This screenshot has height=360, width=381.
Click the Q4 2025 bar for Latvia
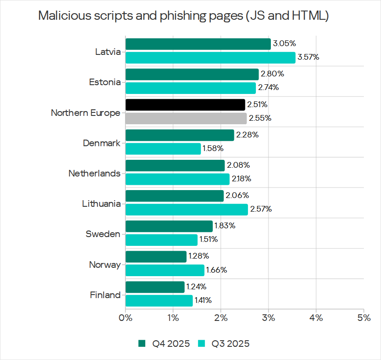pyautogui.click(x=198, y=44)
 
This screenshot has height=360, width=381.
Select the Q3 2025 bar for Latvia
pyautogui.click(x=210, y=58)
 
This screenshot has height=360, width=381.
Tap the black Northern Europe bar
pyautogui.click(x=185, y=104)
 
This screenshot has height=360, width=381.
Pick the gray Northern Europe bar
pyautogui.click(x=186, y=118)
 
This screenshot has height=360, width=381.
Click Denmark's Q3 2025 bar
pyautogui.click(x=163, y=148)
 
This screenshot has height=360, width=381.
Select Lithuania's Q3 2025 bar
pyautogui.click(x=187, y=209)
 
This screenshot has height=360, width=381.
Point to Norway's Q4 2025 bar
pyautogui.click(x=156, y=256)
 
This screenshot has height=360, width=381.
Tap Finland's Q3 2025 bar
pyautogui.click(x=159, y=300)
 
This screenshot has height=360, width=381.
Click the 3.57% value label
pyautogui.click(x=308, y=58)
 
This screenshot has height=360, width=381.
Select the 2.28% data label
pyautogui.click(x=247, y=135)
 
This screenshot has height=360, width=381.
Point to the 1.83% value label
pyautogui.click(x=224, y=226)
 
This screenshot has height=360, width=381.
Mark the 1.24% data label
pyautogui.click(x=196, y=287)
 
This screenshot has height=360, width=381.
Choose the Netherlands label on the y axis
pyautogui.click(x=94, y=173)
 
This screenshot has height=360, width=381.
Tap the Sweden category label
pyautogui.click(x=103, y=234)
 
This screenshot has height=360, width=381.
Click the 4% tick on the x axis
pyautogui.click(x=316, y=317)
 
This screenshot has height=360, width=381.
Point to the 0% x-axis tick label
pyautogui.click(x=126, y=317)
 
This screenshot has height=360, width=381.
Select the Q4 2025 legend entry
pyautogui.click(x=164, y=343)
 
